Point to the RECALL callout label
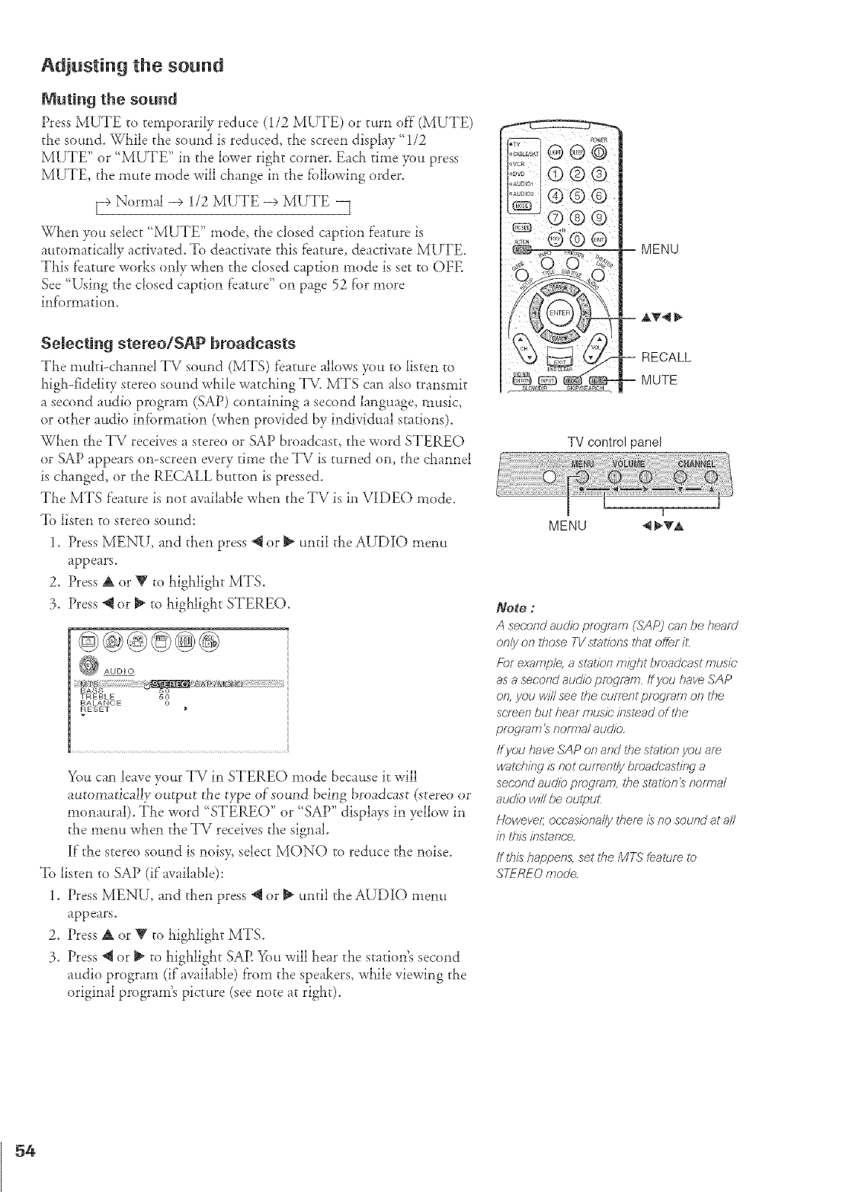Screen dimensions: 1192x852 point(667,357)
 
